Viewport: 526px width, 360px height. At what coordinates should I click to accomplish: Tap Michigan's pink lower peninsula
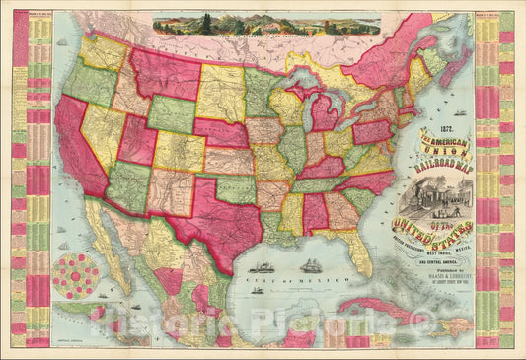(321, 123)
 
